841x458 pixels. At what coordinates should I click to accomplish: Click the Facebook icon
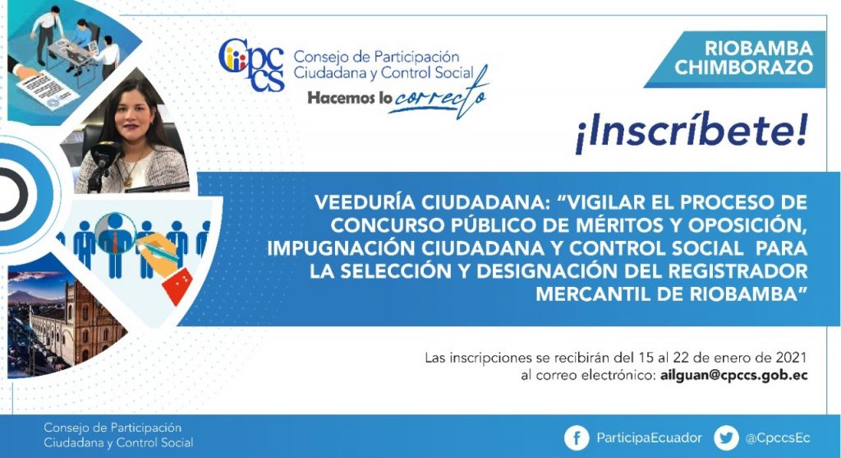pos(577,438)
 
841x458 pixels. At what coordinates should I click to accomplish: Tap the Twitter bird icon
pos(726,438)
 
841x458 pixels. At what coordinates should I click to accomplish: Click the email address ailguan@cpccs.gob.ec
pos(733,375)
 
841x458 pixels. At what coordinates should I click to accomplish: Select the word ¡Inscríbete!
pos(692,132)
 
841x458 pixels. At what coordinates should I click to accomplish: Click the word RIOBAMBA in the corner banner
pos(758,49)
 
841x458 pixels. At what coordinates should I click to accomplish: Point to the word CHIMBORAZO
pos(744,67)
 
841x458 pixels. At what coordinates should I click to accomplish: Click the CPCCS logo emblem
pos(251,64)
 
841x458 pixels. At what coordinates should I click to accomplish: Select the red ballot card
pos(178,284)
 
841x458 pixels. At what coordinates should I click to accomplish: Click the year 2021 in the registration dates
pos(791,358)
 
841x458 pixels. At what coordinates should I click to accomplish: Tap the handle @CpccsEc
pos(778,438)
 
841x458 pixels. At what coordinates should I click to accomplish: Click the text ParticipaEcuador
pos(649,438)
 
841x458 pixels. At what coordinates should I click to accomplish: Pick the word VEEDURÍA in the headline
pos(365,202)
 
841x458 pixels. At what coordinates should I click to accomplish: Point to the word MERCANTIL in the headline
pos(597,294)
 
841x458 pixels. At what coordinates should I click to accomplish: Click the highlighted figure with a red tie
pos(115,242)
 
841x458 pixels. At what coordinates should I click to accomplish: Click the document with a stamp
pos(47,90)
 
